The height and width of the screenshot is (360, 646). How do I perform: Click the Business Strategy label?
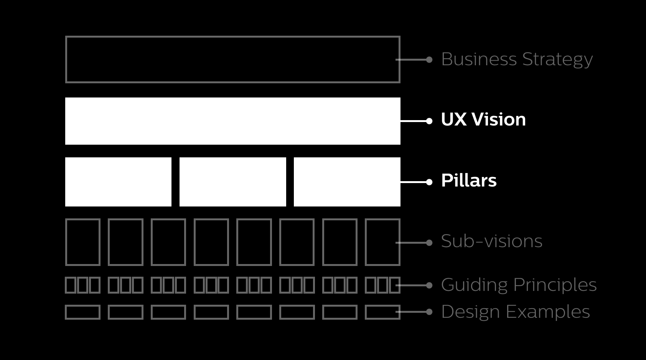pyautogui.click(x=517, y=59)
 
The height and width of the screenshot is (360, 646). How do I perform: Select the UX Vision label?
pyautogui.click(x=483, y=120)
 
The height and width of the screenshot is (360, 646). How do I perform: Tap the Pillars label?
pyautogui.click(x=469, y=181)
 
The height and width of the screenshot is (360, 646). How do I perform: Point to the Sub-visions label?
pyautogui.click(x=491, y=241)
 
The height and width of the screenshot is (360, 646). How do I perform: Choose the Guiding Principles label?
pyautogui.click(x=519, y=285)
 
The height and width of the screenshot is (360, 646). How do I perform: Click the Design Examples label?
pyautogui.click(x=515, y=312)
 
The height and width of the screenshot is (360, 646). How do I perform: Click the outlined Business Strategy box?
pyautogui.click(x=232, y=59)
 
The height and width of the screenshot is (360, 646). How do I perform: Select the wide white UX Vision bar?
pyautogui.click(x=232, y=121)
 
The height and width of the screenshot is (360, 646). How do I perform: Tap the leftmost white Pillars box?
pyautogui.click(x=118, y=182)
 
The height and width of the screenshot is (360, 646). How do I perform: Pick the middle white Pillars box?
pyautogui.click(x=232, y=182)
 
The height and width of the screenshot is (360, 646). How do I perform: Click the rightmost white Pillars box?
pyautogui.click(x=347, y=182)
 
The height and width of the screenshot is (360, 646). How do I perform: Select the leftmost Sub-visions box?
pyautogui.click(x=83, y=242)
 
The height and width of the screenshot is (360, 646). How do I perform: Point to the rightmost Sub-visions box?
pyautogui.click(x=382, y=242)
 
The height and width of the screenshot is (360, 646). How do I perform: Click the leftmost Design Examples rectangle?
pyautogui.click(x=83, y=312)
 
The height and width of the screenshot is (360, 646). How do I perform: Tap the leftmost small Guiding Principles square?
pyautogui.click(x=71, y=285)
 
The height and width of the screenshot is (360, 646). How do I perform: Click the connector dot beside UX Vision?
pyautogui.click(x=429, y=121)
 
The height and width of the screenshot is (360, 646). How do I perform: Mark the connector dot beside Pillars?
pyautogui.click(x=429, y=182)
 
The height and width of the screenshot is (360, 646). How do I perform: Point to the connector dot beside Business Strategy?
pyautogui.click(x=429, y=60)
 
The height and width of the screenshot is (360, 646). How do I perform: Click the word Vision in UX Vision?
pyautogui.click(x=499, y=120)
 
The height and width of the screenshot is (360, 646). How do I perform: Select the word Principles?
pyautogui.click(x=555, y=285)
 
